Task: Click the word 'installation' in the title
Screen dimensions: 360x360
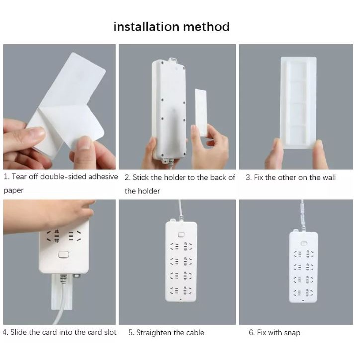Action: point(146,26)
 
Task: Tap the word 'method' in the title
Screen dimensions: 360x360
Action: point(207,26)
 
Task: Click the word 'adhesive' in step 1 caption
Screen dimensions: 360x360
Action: point(103,177)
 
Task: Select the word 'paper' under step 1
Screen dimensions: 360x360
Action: point(14,191)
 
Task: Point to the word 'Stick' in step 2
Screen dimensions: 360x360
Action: point(141,177)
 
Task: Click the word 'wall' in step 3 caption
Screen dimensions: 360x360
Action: point(329,177)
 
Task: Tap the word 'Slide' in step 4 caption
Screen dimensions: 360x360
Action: point(18,332)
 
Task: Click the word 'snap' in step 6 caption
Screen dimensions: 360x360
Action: point(292,333)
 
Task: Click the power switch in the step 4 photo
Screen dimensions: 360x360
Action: point(64,255)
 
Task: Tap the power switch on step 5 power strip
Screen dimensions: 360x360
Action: point(181,235)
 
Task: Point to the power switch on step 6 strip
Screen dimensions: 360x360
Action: point(304,243)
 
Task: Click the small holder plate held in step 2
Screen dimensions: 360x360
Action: point(201,112)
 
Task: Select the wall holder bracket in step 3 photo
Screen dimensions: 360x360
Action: point(298,102)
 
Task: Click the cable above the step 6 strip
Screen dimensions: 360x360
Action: point(303,215)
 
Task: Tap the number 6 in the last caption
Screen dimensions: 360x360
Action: point(251,333)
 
